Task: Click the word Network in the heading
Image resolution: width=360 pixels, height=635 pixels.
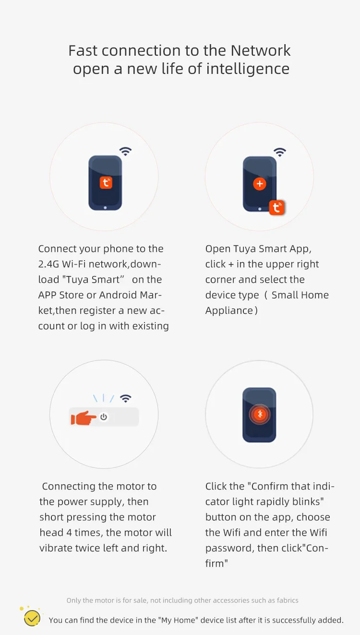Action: (261, 50)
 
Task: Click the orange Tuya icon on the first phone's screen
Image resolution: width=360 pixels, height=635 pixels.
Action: (106, 182)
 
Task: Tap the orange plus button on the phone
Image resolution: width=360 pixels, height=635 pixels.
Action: (260, 184)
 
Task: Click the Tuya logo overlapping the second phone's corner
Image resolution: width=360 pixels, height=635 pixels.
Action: (276, 207)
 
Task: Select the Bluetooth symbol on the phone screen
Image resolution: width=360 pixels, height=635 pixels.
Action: (260, 414)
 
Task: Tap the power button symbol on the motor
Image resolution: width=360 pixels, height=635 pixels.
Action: (104, 417)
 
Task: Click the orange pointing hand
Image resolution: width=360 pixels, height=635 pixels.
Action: (84, 418)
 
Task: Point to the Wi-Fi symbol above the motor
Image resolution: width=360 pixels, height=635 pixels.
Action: (126, 398)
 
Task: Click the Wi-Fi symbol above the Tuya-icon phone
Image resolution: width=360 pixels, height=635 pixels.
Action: (125, 151)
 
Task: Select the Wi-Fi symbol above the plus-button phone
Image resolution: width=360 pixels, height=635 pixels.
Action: (280, 152)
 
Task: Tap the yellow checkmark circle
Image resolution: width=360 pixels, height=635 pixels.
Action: (32, 618)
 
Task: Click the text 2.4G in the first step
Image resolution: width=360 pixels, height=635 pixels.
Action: (48, 264)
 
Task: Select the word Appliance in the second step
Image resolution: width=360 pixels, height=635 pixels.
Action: (229, 311)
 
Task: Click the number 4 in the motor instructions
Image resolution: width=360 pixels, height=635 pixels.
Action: (69, 533)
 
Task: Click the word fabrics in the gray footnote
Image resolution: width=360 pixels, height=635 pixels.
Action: (288, 600)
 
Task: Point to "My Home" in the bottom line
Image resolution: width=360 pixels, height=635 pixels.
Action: (178, 620)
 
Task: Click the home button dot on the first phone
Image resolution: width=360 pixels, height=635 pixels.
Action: (105, 208)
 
